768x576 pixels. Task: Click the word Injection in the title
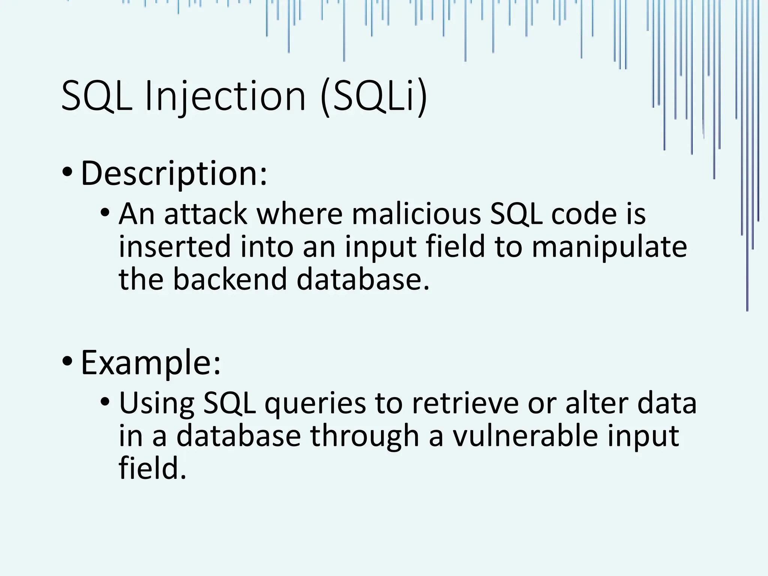[225, 96]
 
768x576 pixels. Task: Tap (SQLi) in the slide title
[374, 96]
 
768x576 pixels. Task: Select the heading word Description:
[174, 173]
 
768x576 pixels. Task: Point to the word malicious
[416, 214]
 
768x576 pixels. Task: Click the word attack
[205, 214]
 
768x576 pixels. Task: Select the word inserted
[174, 247]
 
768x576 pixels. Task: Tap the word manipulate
[609, 247]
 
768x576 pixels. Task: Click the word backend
[229, 280]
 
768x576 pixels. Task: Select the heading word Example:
[151, 363]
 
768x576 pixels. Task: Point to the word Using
[157, 404]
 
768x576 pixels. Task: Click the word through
[364, 436]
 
